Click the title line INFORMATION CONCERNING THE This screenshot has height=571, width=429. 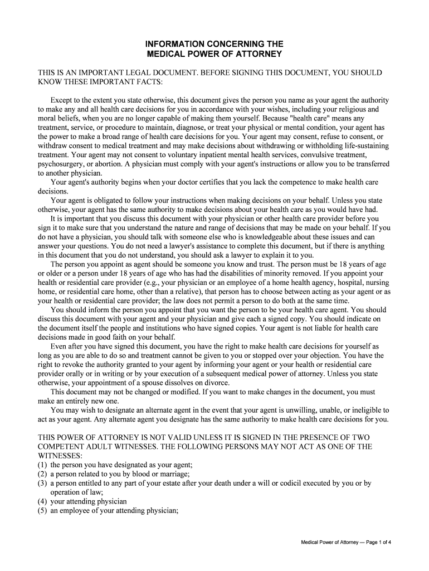[214, 43]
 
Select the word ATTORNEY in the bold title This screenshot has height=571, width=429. [259, 54]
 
